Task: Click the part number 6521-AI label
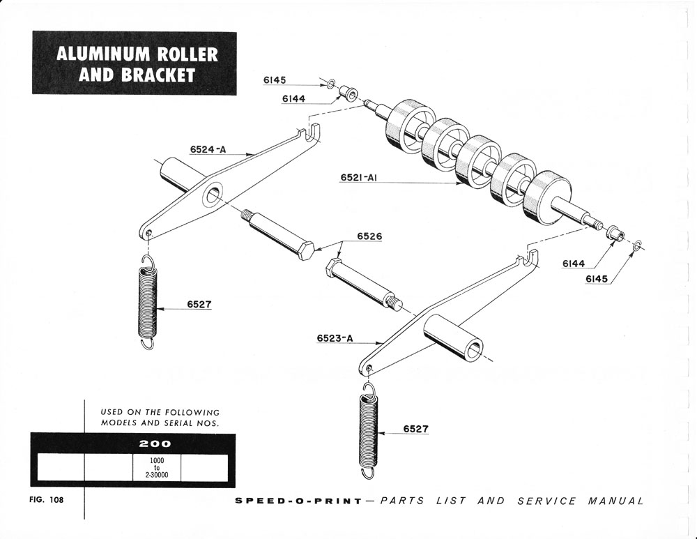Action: pyautogui.click(x=359, y=178)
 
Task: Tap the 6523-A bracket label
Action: pyautogui.click(x=335, y=339)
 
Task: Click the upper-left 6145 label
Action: pyautogui.click(x=275, y=80)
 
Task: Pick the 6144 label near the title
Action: pyautogui.click(x=293, y=99)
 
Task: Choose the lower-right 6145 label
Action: pyautogui.click(x=597, y=279)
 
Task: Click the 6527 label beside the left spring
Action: pyautogui.click(x=199, y=304)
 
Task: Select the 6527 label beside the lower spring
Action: pyautogui.click(x=415, y=429)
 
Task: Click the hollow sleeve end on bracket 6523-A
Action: pyautogui.click(x=474, y=347)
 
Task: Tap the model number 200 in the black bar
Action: pyautogui.click(x=156, y=443)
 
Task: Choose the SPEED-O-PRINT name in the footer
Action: pyautogui.click(x=298, y=501)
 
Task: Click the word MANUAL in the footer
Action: pyautogui.click(x=615, y=501)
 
